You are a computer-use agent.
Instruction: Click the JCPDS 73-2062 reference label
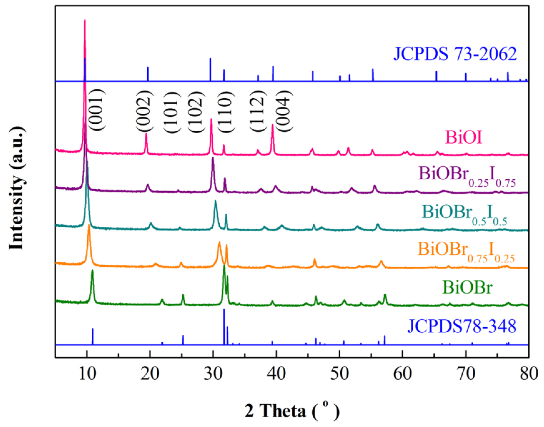455,54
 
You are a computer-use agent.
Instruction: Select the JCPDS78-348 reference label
461,326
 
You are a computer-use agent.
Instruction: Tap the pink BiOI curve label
463,137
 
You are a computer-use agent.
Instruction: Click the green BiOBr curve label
467,287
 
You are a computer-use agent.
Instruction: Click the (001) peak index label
96,110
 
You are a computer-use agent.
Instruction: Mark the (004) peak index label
285,111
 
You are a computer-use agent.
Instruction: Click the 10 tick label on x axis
87,374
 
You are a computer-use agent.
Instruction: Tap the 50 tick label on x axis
339,374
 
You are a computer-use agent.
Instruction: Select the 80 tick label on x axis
529,374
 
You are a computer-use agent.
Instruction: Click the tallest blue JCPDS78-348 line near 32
224,326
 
